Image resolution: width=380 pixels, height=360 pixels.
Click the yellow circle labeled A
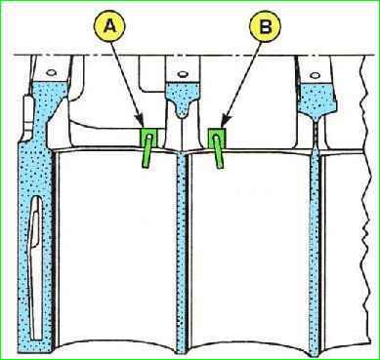pyautogui.click(x=111, y=27)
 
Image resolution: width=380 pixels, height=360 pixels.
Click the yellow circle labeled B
pyautogui.click(x=265, y=27)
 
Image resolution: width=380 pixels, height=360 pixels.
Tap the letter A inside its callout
pyautogui.click(x=111, y=27)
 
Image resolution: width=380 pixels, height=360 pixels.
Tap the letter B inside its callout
pyautogui.click(x=265, y=27)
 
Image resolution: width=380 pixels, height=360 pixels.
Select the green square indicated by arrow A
pyautogui.click(x=149, y=139)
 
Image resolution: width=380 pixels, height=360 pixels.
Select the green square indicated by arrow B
pyautogui.click(x=217, y=139)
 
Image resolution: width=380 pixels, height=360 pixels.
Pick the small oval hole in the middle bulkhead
pyautogui.click(x=183, y=74)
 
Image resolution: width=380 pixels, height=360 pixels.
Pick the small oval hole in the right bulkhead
pyautogui.click(x=315, y=75)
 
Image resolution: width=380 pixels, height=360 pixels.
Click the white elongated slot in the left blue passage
pyautogui.click(x=35, y=267)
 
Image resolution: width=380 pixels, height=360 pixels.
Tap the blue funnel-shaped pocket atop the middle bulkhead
pyautogui.click(x=183, y=99)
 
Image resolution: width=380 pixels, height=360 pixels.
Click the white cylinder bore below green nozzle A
pyautogui.click(x=117, y=247)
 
